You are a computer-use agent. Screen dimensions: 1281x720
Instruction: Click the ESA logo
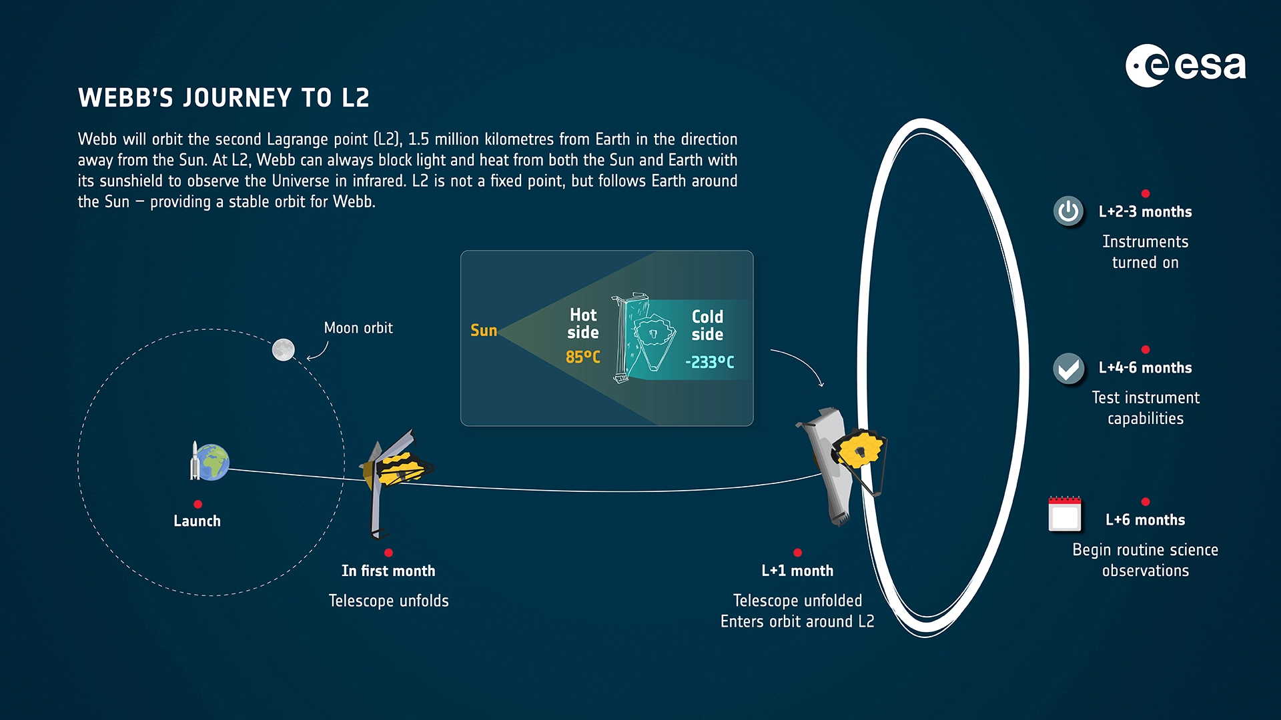(x=1186, y=65)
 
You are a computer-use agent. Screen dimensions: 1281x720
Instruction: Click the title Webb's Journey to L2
(x=224, y=98)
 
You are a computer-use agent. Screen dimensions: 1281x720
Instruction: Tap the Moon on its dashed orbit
(x=284, y=349)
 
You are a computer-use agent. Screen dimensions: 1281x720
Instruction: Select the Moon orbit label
(x=358, y=328)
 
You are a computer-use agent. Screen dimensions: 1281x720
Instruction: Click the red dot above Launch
(x=197, y=504)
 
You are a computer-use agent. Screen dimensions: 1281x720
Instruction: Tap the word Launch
(x=197, y=521)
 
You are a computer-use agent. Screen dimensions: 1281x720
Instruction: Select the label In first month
(x=388, y=571)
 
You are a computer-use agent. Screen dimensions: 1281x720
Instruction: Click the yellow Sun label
(x=484, y=330)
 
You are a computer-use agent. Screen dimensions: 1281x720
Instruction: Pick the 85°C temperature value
(x=583, y=357)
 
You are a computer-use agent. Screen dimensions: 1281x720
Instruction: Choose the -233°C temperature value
(x=710, y=362)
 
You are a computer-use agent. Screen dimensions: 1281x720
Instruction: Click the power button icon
(x=1068, y=211)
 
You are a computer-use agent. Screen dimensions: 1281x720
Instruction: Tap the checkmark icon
(x=1068, y=368)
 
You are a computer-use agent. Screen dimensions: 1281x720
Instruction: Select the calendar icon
(x=1065, y=514)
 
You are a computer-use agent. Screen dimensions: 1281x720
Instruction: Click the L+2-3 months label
(x=1146, y=212)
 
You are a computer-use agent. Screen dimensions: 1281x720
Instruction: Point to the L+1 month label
(x=797, y=571)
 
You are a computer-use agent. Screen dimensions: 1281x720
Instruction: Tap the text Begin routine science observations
(x=1146, y=560)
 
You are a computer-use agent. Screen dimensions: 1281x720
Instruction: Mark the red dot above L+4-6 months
(x=1146, y=349)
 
